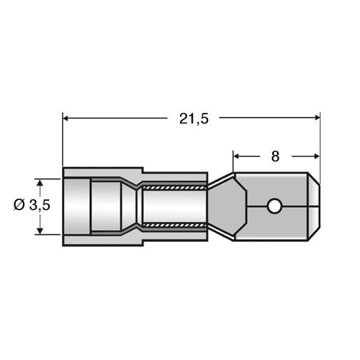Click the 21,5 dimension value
click(194, 119)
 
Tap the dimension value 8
click(275, 156)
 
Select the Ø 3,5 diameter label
click(32, 205)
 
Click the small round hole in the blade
click(274, 206)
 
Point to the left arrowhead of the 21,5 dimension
click(65, 118)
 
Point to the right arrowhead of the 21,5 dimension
click(317, 117)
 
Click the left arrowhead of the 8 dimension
click(236, 156)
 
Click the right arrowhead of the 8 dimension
click(316, 156)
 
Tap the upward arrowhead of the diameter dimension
click(40, 182)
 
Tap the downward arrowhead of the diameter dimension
click(40, 231)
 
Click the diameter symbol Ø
click(19, 205)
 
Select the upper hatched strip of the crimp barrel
click(175, 188)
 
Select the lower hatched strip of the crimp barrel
click(175, 225)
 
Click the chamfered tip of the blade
click(314, 206)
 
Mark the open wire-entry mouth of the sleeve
click(76, 206)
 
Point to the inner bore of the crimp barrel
click(175, 206)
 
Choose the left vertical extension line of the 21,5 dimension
click(63, 139)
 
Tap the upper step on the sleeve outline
click(143, 170)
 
